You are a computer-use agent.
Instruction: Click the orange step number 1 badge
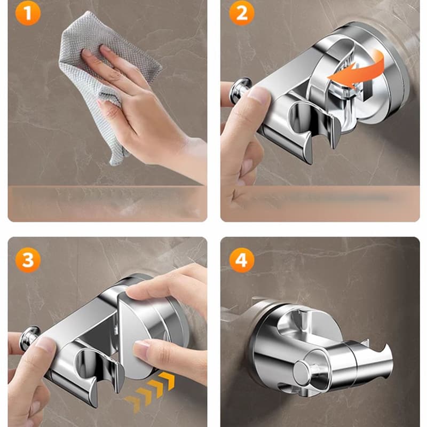(x=28, y=13)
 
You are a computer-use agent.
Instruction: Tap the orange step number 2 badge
(x=242, y=13)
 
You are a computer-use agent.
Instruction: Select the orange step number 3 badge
(x=28, y=260)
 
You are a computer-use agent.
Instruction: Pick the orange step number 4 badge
(x=242, y=260)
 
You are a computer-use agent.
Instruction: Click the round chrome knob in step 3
(x=29, y=338)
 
